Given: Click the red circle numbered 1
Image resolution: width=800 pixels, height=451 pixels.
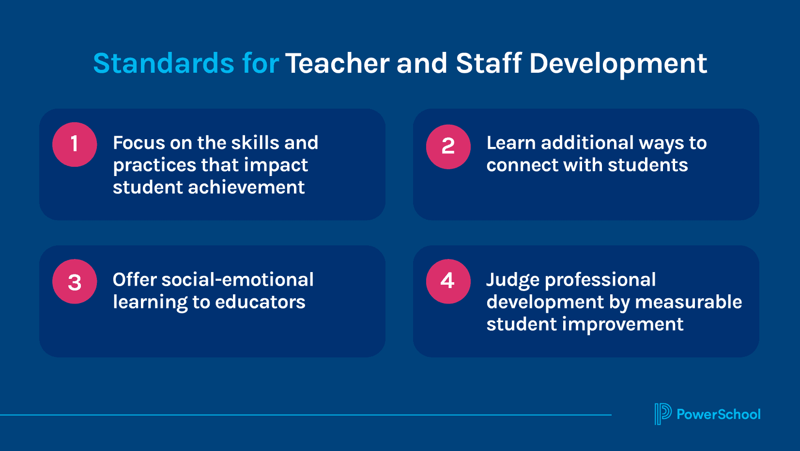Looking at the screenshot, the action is [75, 145].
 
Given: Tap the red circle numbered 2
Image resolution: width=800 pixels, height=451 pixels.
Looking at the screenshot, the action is [448, 146].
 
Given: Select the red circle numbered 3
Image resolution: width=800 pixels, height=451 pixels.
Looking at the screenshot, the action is [75, 281].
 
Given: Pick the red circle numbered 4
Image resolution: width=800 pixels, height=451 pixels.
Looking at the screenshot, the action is [448, 281].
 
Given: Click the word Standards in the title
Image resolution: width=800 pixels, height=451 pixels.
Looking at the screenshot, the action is [164, 64].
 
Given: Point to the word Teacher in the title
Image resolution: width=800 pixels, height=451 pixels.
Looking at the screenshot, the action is [337, 64].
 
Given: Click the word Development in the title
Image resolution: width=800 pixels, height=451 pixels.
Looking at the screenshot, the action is [618, 64].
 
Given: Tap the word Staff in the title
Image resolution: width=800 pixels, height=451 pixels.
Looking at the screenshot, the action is [489, 63].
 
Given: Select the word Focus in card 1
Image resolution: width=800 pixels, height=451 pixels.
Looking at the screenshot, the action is [138, 143].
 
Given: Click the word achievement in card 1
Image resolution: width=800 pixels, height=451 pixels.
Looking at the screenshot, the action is [246, 187].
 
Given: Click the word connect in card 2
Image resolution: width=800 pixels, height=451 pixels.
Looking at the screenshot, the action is [522, 165].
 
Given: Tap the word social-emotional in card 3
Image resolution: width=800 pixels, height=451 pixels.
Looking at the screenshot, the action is [237, 280].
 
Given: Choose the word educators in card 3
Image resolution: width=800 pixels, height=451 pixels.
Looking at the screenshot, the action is [260, 302].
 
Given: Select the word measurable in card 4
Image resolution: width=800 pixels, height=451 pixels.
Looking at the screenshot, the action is [688, 302].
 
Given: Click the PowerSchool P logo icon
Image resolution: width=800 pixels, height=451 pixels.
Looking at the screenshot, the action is [663, 414].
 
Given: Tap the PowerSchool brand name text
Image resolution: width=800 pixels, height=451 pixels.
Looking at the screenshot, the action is [719, 414].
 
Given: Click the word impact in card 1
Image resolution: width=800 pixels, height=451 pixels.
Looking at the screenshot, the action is [276, 165].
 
